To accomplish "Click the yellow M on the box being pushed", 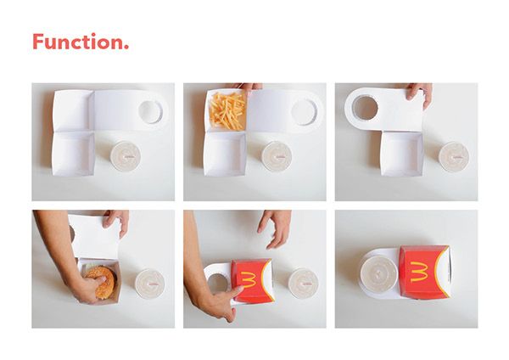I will coord(248,279).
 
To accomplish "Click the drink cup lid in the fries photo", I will coord(277,156).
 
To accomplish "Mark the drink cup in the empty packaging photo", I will coord(126,156).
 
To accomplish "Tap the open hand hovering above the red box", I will coord(276,225).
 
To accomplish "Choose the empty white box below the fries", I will coord(225,156).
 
